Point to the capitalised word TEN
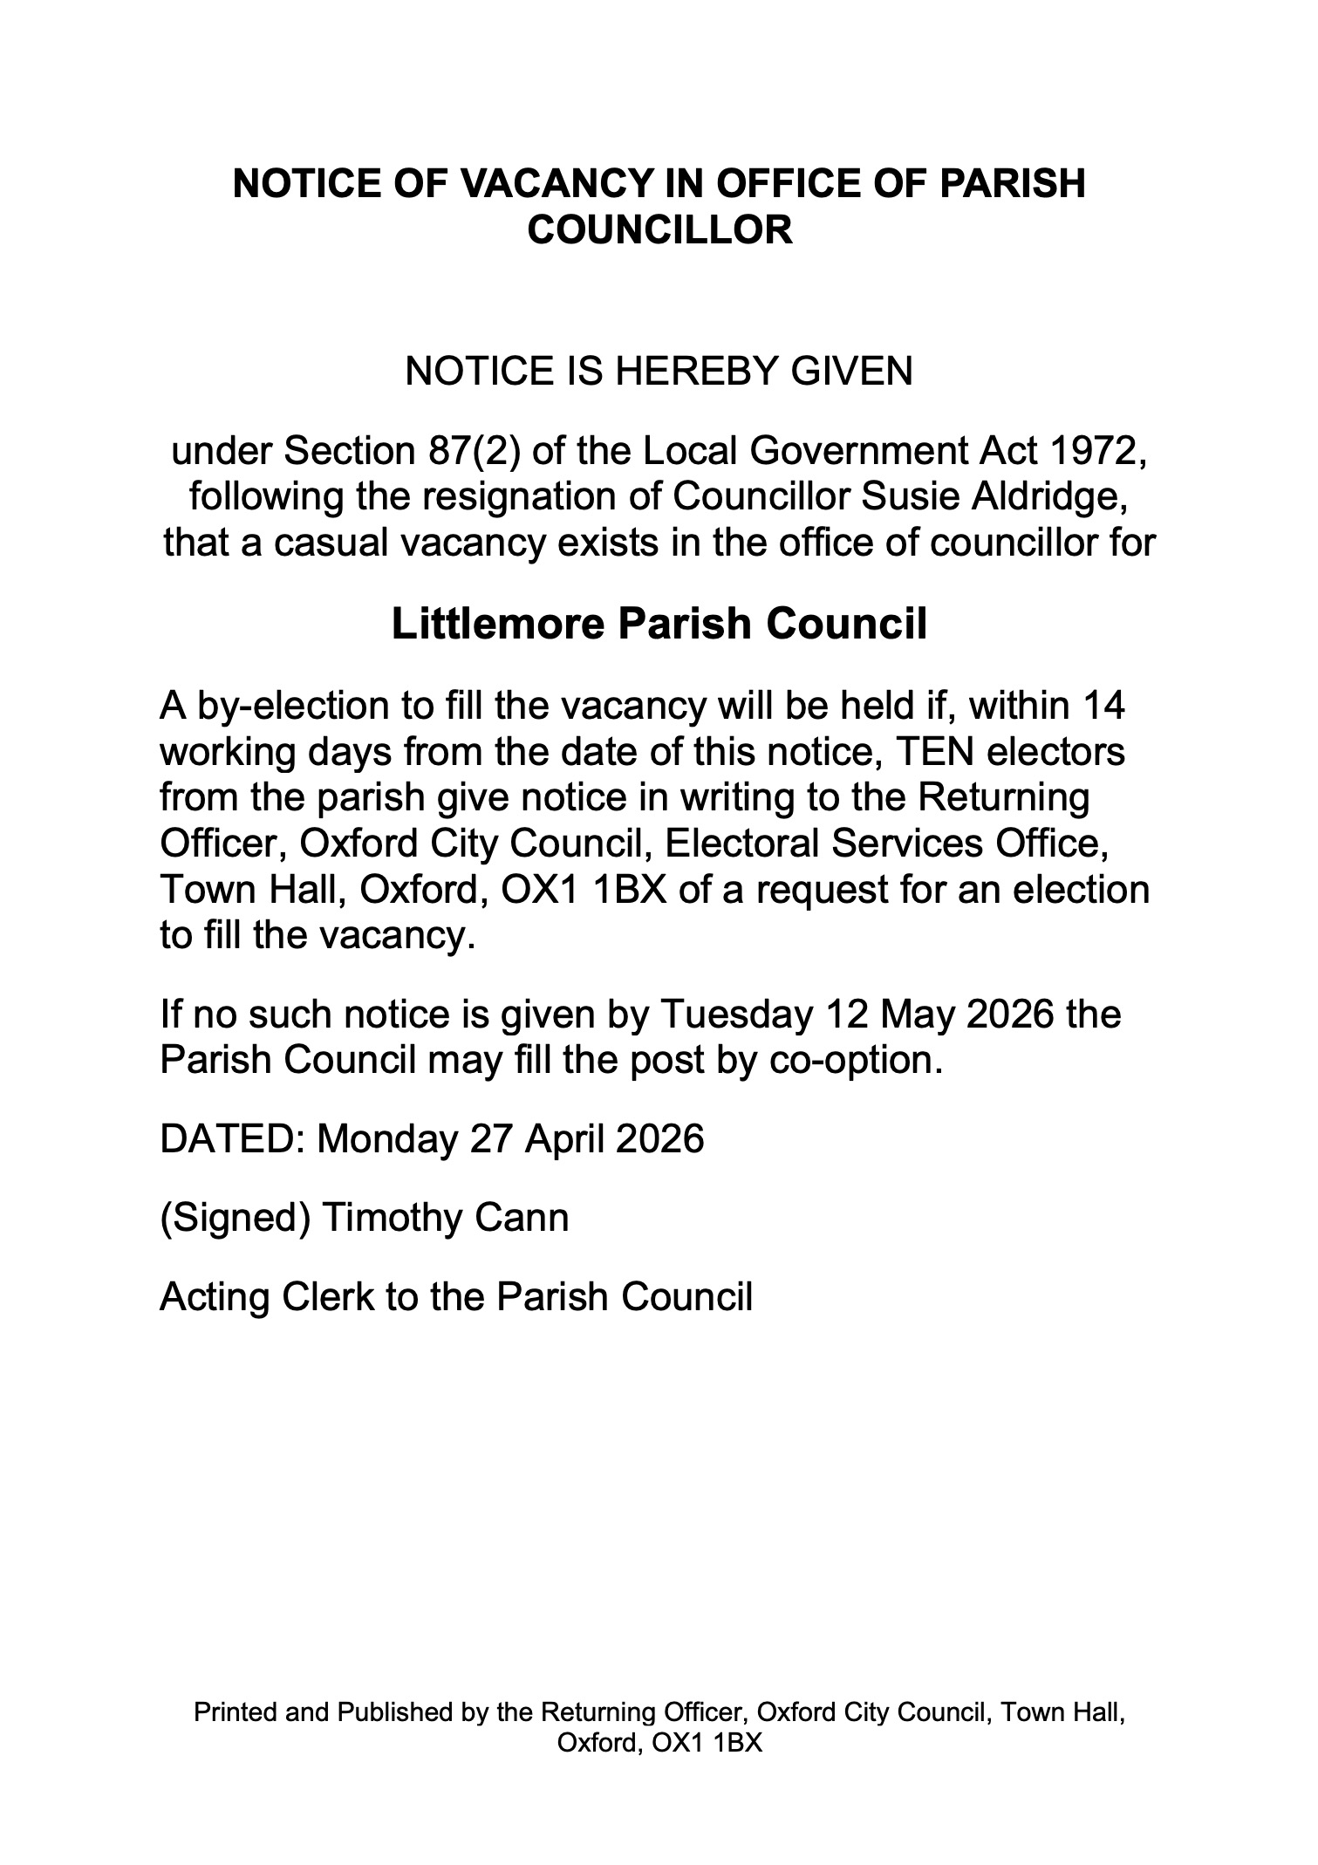(928, 752)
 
